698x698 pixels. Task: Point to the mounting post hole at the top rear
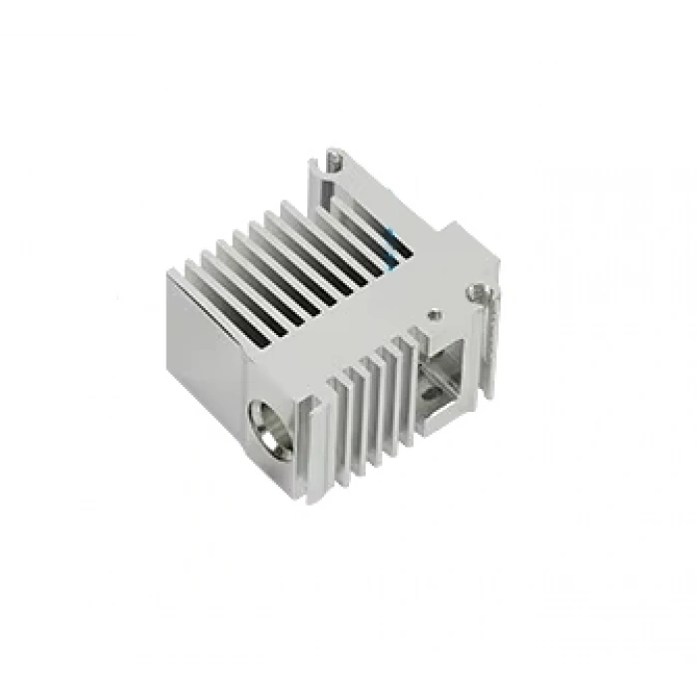[x=334, y=158]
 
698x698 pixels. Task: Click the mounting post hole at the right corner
[x=484, y=291]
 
